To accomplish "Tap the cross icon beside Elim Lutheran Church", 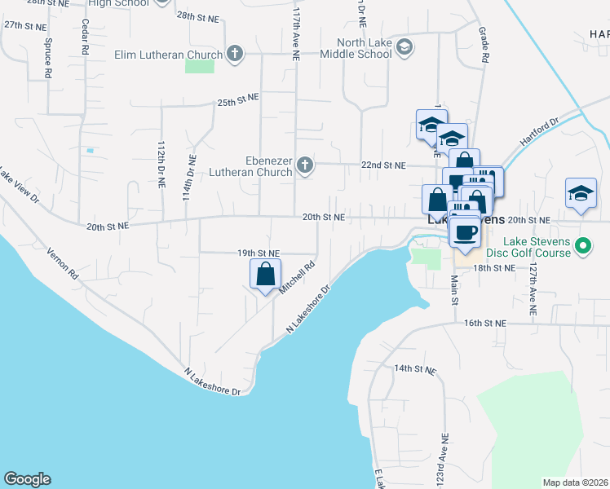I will [x=235, y=55].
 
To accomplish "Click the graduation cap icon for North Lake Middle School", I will [x=404, y=49].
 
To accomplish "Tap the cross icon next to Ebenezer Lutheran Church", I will [x=305, y=166].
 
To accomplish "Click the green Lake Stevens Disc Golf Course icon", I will [x=583, y=244].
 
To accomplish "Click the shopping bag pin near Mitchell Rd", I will [x=266, y=275].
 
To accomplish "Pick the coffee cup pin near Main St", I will [x=465, y=231].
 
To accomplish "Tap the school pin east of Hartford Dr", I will [x=580, y=194].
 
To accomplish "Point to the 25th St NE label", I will [x=237, y=102].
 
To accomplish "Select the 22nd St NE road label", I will [x=383, y=165].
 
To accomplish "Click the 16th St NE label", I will [x=485, y=324].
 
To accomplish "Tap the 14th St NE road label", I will [x=415, y=369].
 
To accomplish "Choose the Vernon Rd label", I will [x=62, y=264].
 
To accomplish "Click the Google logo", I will [x=27, y=479].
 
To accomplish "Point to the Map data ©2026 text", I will [x=576, y=482].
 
